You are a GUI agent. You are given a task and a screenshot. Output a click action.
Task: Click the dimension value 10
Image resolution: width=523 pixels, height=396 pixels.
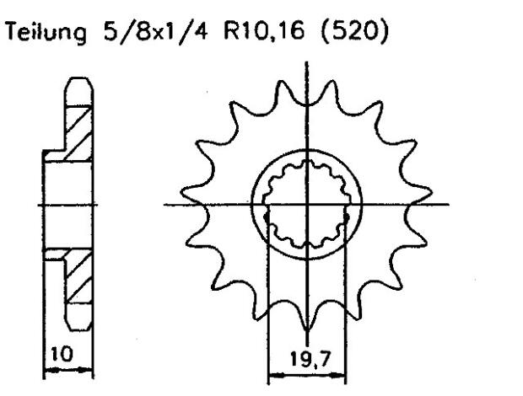(55, 355)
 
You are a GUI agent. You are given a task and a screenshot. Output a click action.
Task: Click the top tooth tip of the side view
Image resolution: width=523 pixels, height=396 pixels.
(77, 83)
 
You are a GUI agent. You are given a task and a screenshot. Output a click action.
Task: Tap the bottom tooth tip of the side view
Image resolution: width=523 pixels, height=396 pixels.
(77, 329)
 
